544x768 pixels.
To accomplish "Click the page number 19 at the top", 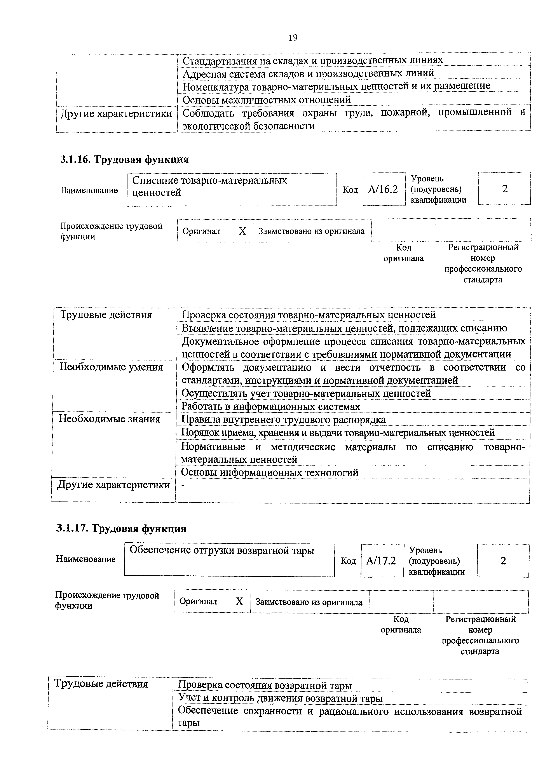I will pos(293,38).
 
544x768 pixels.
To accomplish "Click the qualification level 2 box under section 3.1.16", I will pos(504,189).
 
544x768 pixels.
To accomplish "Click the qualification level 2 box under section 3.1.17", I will pos(503,561).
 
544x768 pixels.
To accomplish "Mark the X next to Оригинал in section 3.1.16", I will pos(242,231).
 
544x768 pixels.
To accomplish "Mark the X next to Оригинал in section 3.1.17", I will pos(239,602).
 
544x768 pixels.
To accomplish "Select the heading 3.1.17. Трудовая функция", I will pos(121,529).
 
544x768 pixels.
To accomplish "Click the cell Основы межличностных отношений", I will pos(266,99).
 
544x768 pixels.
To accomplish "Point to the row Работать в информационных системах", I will pos(271,406).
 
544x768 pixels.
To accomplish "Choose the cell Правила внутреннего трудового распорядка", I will pos(283,419).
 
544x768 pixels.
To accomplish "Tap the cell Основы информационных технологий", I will pos(270,472).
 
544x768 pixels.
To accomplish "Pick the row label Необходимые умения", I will pos(111,367).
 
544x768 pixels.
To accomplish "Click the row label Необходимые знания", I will pos(110,419).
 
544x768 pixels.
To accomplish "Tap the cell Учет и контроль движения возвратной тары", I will pos(280,698).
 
